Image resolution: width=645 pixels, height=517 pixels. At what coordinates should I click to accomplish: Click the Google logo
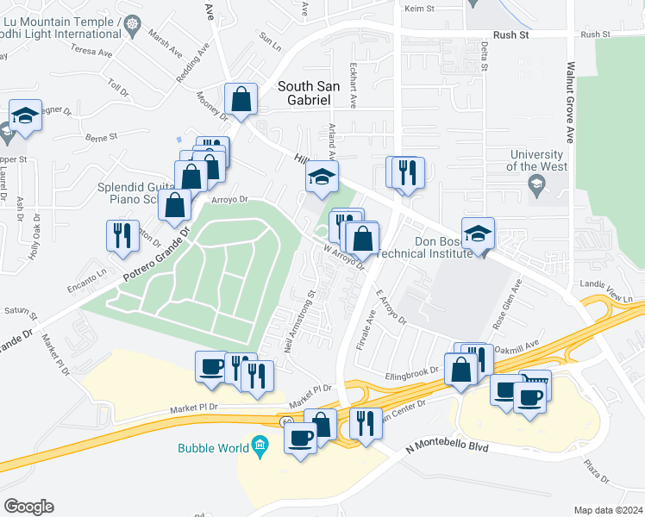click(28, 507)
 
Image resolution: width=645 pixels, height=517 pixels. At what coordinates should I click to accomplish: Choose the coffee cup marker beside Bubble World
click(300, 439)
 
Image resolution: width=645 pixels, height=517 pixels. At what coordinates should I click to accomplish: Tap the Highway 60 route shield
click(285, 420)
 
